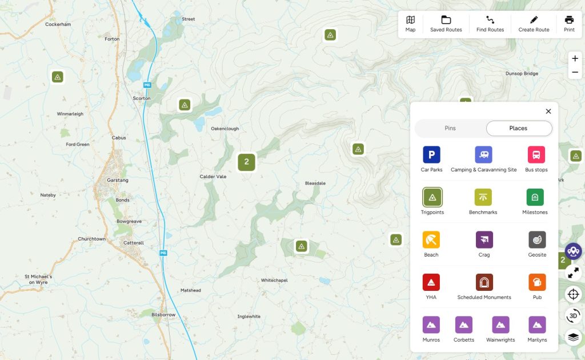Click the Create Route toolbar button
click(534, 24)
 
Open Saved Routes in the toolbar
click(446, 24)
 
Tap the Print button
click(569, 24)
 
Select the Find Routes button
click(490, 24)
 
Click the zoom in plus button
click(575, 58)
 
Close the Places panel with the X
click(548, 111)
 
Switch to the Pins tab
click(450, 129)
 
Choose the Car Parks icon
click(431, 155)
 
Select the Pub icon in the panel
click(537, 282)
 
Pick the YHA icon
click(431, 282)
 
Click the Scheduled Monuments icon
click(484, 282)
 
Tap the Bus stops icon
click(536, 155)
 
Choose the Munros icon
click(431, 325)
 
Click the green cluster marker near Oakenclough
click(246, 162)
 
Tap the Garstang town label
click(118, 180)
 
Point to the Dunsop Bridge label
click(522, 74)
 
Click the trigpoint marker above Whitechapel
click(302, 246)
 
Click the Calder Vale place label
click(213, 177)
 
